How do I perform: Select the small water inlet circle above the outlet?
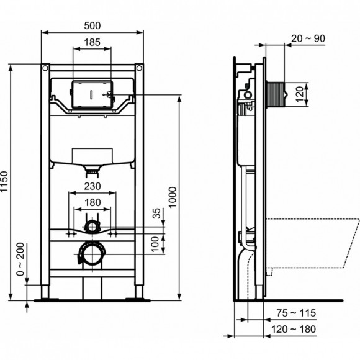tap(91, 226)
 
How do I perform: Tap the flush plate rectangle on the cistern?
tap(91, 92)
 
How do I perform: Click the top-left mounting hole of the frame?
tap(46, 67)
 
